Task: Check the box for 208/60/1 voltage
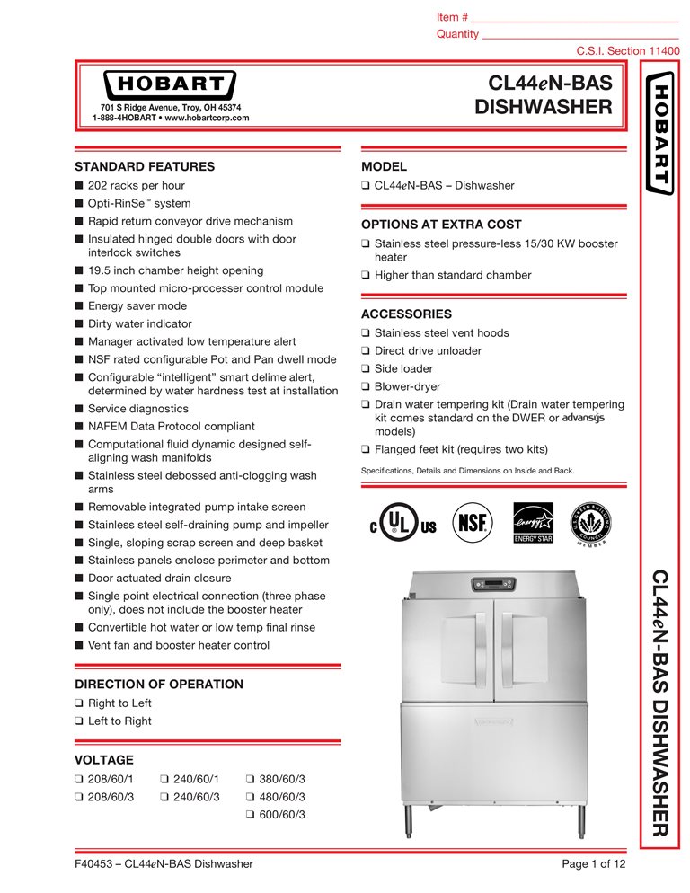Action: (x=79, y=779)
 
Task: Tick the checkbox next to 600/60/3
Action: (x=251, y=815)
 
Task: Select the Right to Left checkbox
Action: (x=79, y=703)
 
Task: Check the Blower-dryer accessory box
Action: (x=366, y=387)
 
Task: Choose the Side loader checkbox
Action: (x=366, y=369)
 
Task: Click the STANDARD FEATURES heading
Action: (x=144, y=166)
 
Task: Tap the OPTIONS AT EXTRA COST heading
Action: (x=440, y=225)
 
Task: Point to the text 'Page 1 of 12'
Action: (x=593, y=864)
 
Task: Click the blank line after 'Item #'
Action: (x=574, y=18)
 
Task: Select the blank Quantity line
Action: (x=579, y=34)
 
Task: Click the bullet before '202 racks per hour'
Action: (x=79, y=186)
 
